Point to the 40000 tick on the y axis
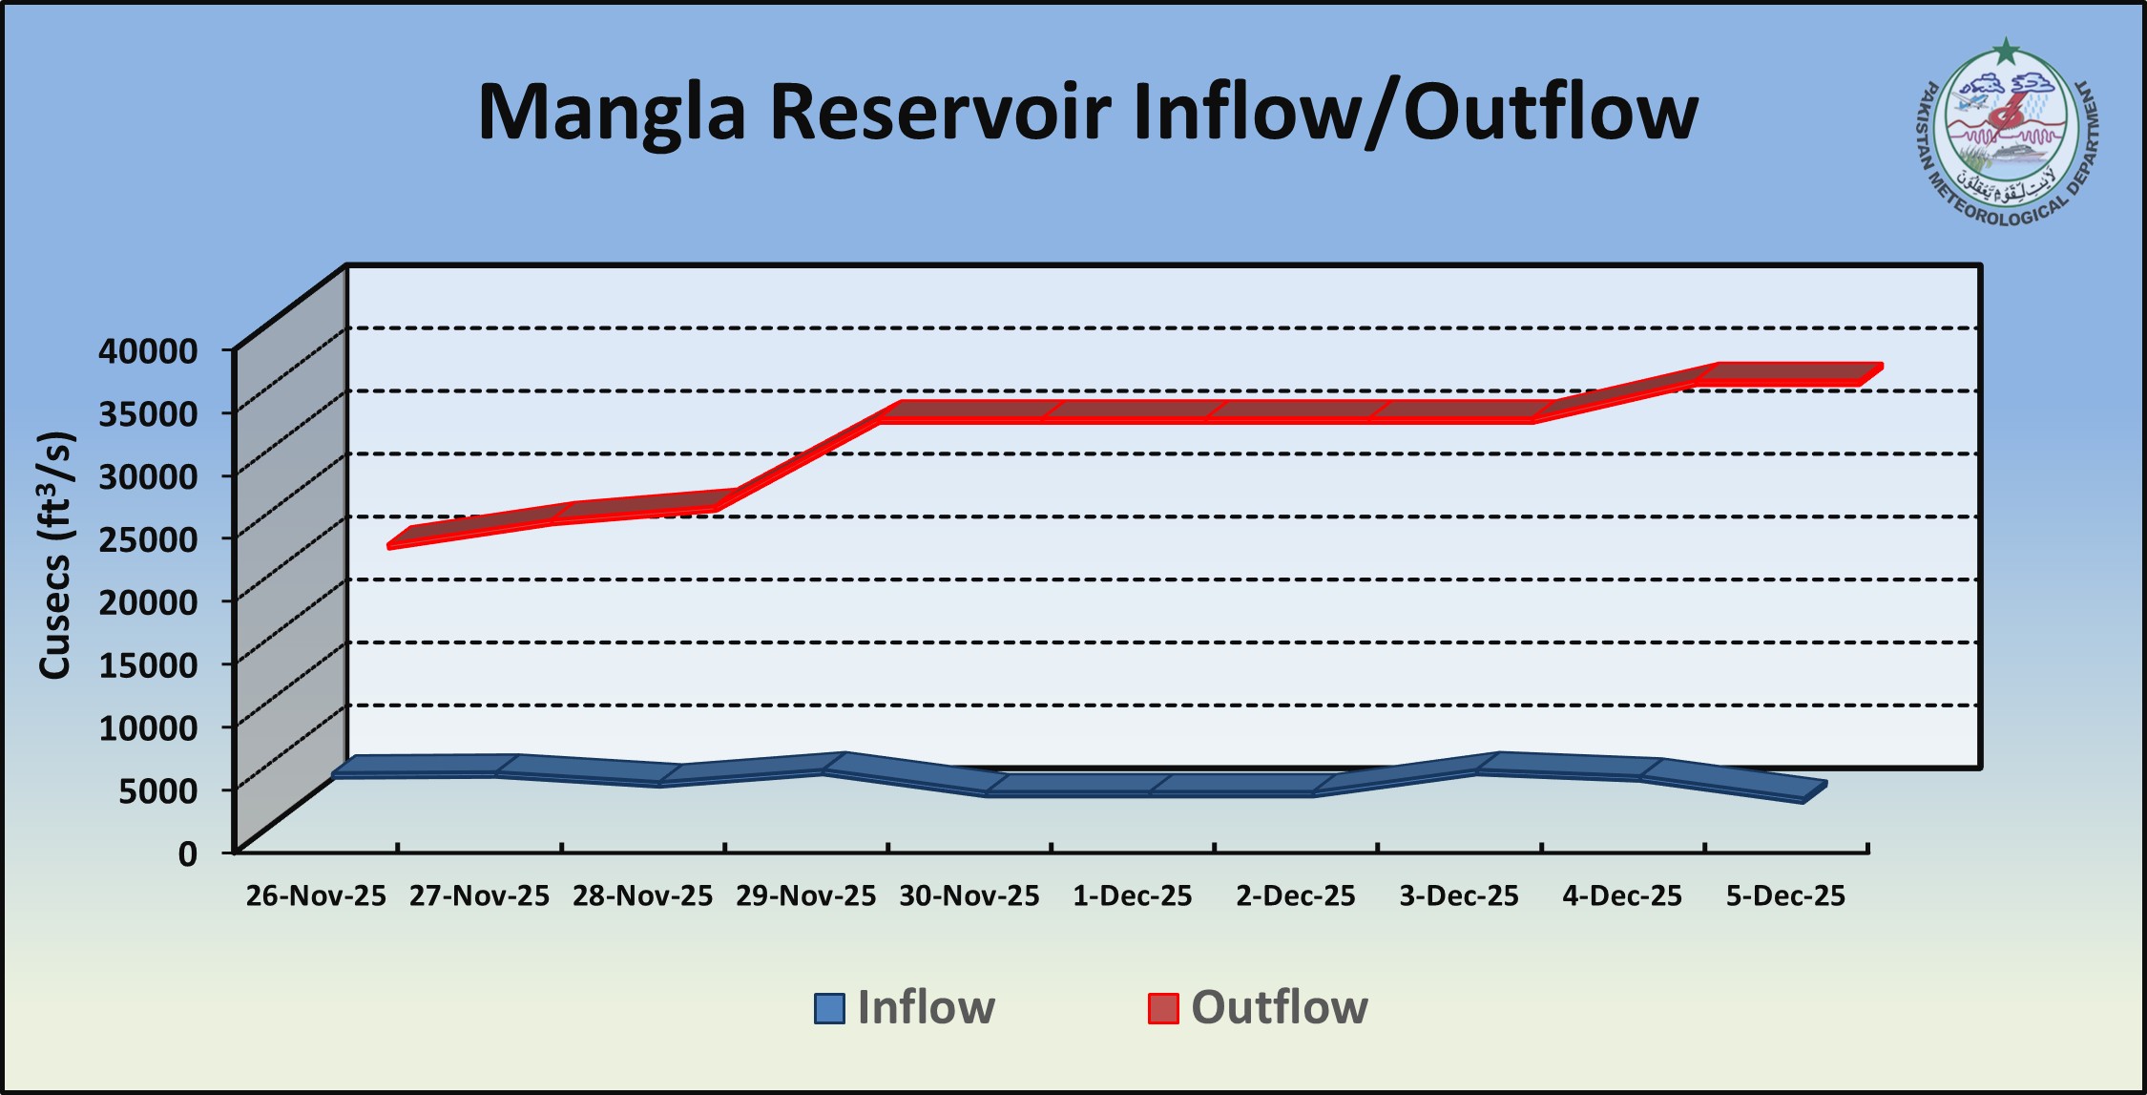(x=148, y=350)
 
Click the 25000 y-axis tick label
(x=148, y=538)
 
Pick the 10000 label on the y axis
(x=148, y=727)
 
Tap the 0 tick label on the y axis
(x=187, y=853)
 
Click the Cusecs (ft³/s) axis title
(x=55, y=555)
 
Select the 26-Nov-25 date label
(x=316, y=896)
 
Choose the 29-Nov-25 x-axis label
(x=805, y=896)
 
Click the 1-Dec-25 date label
(x=1132, y=896)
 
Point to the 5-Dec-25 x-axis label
(x=1785, y=896)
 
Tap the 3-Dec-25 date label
(x=1458, y=896)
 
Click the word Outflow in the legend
(x=1279, y=1008)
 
